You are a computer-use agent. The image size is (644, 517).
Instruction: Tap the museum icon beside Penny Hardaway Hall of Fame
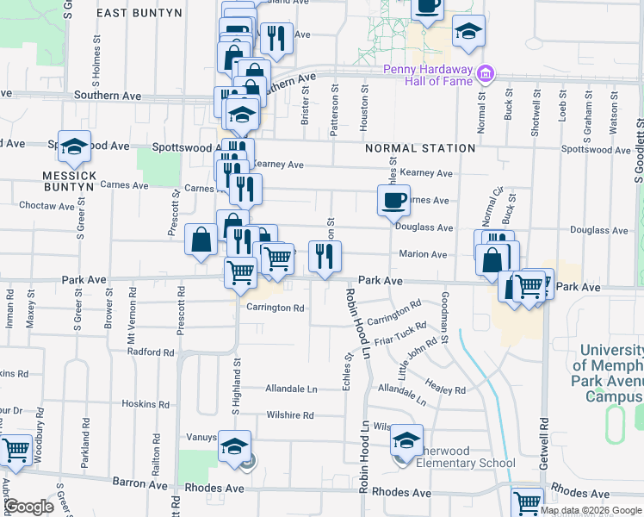click(x=486, y=73)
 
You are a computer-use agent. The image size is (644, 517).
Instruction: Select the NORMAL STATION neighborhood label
click(x=420, y=148)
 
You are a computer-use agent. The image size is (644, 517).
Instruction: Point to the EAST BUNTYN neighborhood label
click(x=139, y=13)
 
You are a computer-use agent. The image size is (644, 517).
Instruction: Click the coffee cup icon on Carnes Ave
click(x=393, y=201)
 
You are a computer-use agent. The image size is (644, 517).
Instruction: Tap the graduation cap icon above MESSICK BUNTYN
click(x=75, y=147)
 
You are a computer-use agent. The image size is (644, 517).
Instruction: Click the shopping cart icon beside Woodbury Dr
click(x=16, y=450)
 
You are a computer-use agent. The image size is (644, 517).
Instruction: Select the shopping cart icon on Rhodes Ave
click(x=527, y=502)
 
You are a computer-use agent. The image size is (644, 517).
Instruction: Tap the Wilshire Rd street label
click(x=289, y=415)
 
